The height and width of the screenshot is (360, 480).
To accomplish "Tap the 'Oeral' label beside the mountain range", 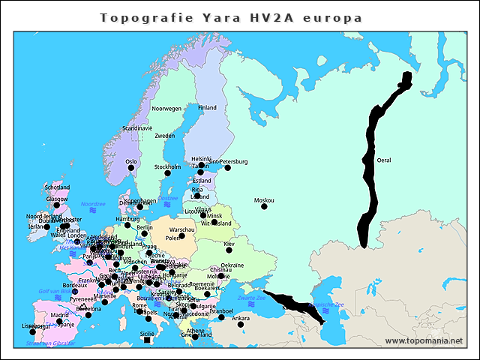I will point(383,160).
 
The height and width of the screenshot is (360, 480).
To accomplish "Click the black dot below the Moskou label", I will point(264,206).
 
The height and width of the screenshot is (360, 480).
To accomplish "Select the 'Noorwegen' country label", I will point(166,109).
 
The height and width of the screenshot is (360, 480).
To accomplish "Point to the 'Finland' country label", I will point(207,108).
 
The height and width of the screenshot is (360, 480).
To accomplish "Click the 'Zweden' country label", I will point(165,136).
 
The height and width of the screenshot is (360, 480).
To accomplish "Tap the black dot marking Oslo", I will point(131,168).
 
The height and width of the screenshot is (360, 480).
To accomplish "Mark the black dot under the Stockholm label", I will point(167,173).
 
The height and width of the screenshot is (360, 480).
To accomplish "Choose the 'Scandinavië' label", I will point(137,128).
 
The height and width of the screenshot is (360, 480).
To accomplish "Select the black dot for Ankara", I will point(241,324).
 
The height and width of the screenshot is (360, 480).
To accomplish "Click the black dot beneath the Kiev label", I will point(229,250).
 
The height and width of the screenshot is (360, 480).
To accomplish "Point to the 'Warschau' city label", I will point(182,229).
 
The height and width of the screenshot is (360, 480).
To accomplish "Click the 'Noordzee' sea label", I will point(93,203).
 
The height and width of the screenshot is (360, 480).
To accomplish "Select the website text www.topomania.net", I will point(423,341).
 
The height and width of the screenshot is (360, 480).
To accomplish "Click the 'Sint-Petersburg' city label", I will point(228,161).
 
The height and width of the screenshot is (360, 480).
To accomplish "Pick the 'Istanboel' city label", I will point(221,310).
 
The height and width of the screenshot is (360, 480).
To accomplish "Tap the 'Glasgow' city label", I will point(56,199).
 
